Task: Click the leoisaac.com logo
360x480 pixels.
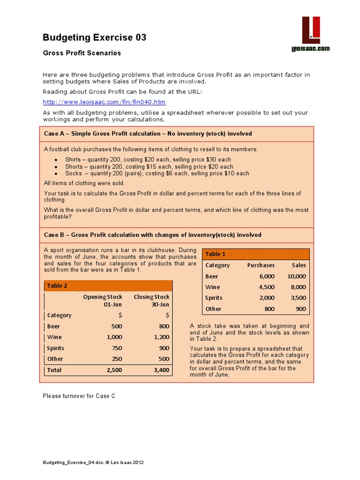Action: (x=311, y=35)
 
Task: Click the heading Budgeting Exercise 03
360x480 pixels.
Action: (x=95, y=37)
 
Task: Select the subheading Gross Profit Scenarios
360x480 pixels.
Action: (x=82, y=53)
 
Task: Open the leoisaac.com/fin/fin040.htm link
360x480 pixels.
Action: (x=104, y=102)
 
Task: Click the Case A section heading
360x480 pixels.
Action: (x=148, y=134)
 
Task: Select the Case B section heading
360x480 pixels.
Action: (x=153, y=235)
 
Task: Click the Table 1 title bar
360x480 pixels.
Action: (x=256, y=254)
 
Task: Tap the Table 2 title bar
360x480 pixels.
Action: (x=108, y=285)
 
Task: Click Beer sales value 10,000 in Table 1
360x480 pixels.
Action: (x=296, y=276)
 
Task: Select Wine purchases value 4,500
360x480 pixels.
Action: (x=266, y=287)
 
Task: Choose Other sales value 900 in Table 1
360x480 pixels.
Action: (x=300, y=309)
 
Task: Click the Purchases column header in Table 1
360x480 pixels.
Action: (x=261, y=265)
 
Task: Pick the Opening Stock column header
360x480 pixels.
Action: (x=103, y=300)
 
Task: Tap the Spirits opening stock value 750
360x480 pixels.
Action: (x=116, y=348)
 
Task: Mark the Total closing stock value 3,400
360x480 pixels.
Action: (x=160, y=370)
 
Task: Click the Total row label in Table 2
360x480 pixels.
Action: (x=54, y=370)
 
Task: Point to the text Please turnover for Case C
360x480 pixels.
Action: (x=79, y=396)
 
